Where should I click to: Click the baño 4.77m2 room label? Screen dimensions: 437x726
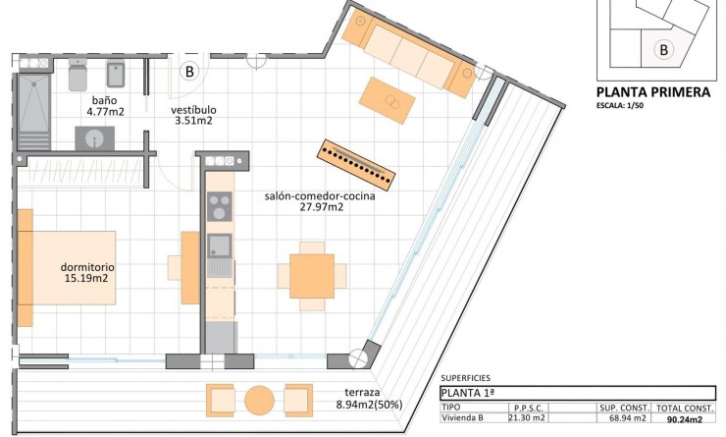106,106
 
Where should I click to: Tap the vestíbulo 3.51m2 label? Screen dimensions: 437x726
193,115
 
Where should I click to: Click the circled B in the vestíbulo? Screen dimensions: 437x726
190,71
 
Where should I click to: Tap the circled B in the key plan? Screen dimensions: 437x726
664,48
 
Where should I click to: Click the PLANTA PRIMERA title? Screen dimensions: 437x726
653,92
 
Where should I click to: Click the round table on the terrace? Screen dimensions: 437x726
259,401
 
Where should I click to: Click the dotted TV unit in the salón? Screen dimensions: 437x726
356,164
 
